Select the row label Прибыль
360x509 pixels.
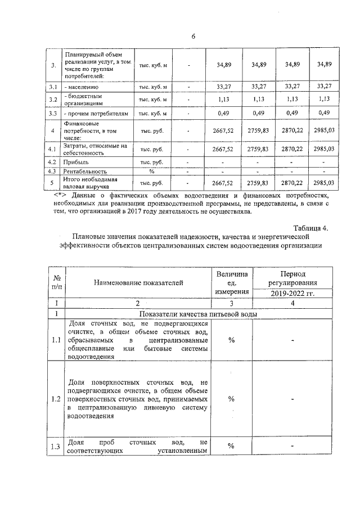(79, 162)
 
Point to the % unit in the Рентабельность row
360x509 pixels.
(151, 171)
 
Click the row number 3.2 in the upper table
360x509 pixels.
(53, 100)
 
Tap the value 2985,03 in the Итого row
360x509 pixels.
(323, 183)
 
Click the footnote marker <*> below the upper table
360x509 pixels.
(58, 195)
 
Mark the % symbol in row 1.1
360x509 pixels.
(231, 340)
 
